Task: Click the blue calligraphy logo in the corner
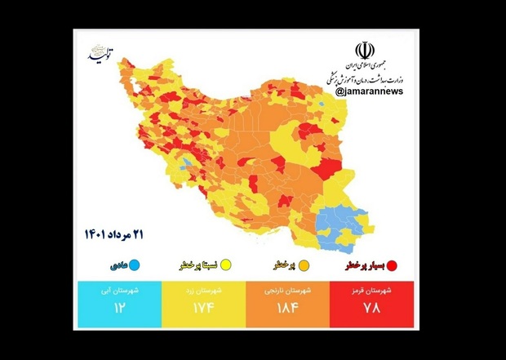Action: (103, 54)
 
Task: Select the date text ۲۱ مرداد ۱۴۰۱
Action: (113, 235)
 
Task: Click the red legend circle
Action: (392, 265)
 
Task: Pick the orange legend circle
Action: (304, 265)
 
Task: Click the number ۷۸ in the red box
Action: (372, 309)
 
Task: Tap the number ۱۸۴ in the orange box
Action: (287, 309)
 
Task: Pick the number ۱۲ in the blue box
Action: (118, 309)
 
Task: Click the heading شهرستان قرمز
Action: (372, 291)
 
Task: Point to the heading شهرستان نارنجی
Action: (287, 291)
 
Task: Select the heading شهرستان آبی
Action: (118, 291)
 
